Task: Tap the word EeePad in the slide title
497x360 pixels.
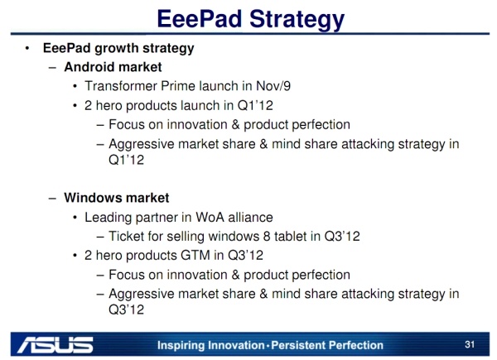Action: pos(196,18)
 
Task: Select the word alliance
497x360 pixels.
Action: pos(248,218)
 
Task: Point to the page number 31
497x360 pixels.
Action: pos(470,343)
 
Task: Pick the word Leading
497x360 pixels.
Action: pos(110,218)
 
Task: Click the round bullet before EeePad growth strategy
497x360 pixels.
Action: pos(27,48)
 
